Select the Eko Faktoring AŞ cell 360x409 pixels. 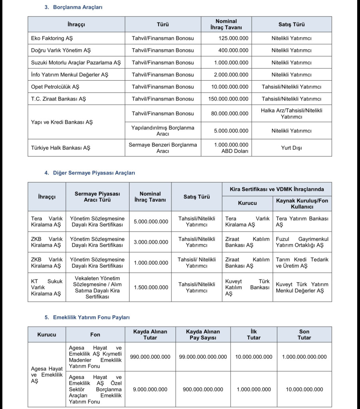pos(52,38)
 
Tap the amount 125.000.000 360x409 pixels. pos(233,38)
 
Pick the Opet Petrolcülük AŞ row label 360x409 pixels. pos(55,87)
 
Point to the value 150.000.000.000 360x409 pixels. pos(228,99)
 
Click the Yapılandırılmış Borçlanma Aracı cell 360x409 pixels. pos(163,131)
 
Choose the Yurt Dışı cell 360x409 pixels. pos(291,148)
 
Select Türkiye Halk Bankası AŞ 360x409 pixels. pos(61,148)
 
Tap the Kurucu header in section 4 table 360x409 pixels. pos(247,203)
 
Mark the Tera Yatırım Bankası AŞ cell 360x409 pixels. pos(302,222)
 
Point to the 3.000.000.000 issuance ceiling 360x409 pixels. pos(151,242)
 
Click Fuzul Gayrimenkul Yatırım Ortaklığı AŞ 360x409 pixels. pos(302,242)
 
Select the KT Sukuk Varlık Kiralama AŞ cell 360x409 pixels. pos(46,287)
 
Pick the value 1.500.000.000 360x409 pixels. pos(151,287)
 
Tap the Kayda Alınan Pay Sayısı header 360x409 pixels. pos(203,335)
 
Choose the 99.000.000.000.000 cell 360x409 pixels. pos(203,357)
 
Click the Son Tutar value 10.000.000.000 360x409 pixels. pos(304,389)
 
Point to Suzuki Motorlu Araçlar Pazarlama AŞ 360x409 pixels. pos(76,63)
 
